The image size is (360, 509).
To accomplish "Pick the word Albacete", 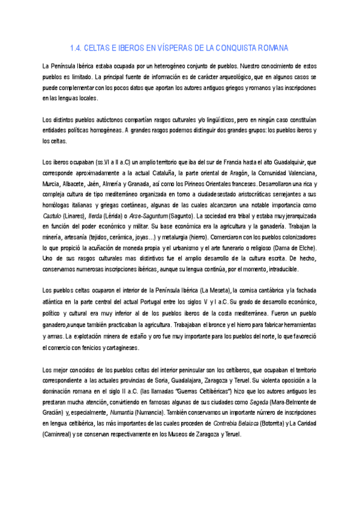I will [x=92, y=184].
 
